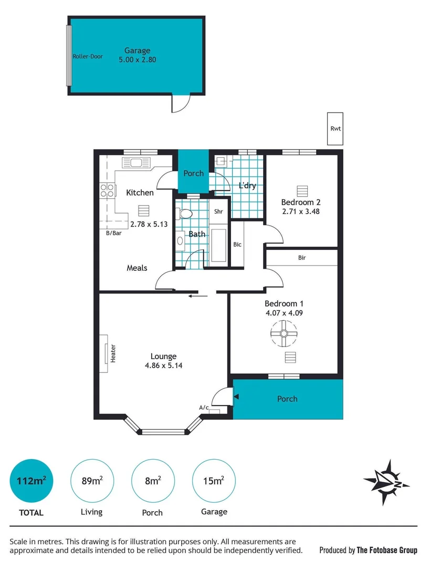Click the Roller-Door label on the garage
coord(88,56)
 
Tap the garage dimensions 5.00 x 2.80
coord(137,60)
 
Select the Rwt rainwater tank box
coord(334,128)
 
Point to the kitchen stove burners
coord(107,190)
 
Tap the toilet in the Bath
coord(184,214)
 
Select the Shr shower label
coord(219,212)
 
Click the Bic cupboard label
coord(237,244)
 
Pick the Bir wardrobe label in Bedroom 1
coord(301,258)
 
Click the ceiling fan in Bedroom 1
coord(284,334)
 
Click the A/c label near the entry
coord(204,407)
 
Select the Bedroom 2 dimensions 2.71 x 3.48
coord(301,212)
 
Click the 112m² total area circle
coord(32,481)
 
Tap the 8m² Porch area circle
coord(153,481)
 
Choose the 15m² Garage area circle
coord(214,481)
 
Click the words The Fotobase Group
coord(387,550)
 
